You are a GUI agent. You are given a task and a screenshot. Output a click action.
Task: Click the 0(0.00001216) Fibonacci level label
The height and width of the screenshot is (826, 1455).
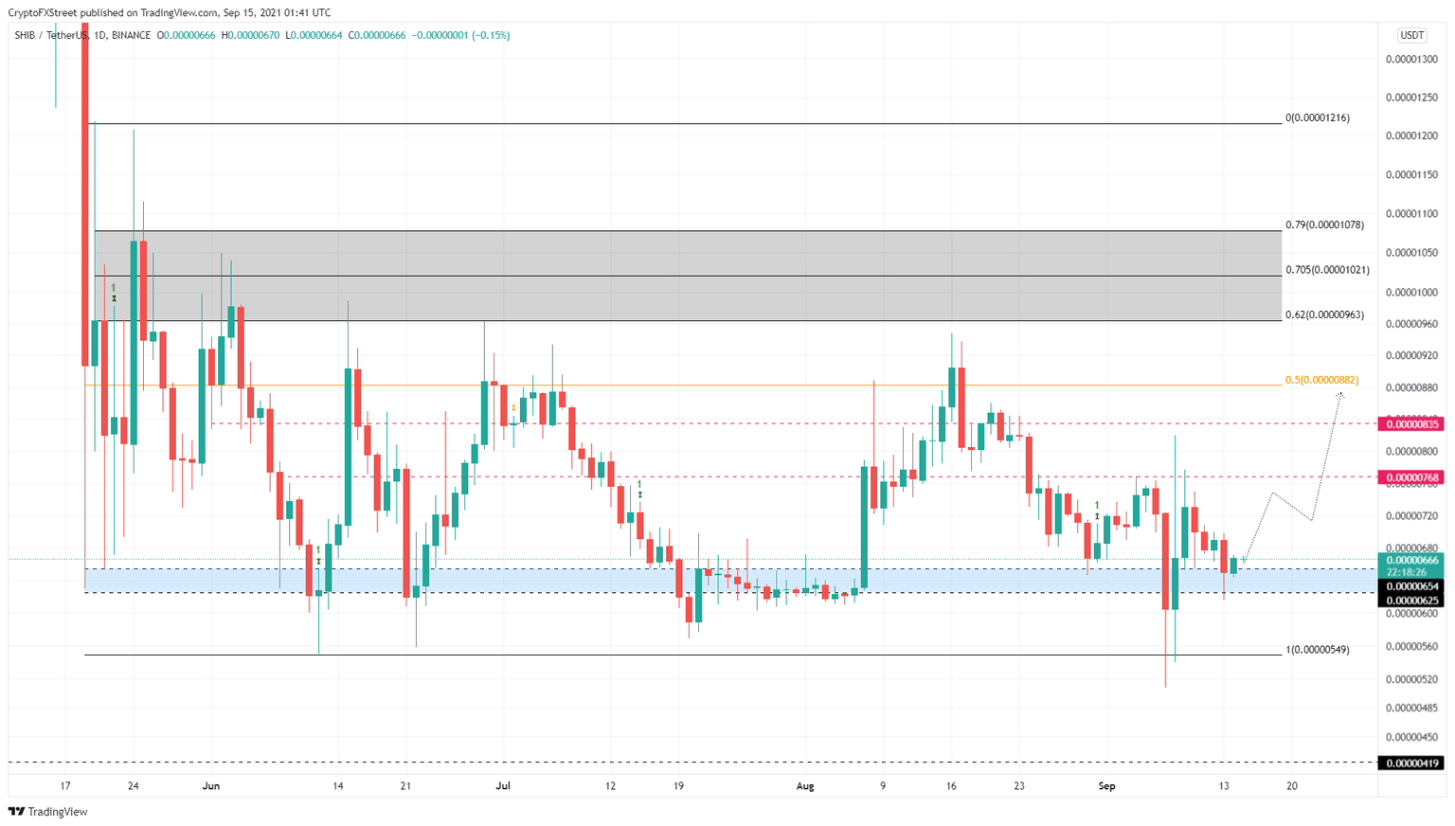pyautogui.click(x=1317, y=118)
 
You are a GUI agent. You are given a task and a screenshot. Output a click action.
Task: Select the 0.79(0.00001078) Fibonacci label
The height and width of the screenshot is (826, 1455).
pyautogui.click(x=1324, y=225)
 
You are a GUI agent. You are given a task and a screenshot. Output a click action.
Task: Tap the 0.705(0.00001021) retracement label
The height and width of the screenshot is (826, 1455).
pyautogui.click(x=1327, y=270)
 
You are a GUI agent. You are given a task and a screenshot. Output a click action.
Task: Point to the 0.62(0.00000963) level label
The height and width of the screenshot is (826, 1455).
pyautogui.click(x=1324, y=314)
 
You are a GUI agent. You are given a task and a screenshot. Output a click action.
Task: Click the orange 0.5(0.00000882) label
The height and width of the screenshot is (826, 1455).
pyautogui.click(x=1321, y=380)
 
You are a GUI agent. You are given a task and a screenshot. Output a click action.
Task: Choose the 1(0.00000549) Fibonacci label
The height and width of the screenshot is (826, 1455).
pyautogui.click(x=1317, y=650)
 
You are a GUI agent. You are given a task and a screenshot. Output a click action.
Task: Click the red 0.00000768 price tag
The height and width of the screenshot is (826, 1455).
pyautogui.click(x=1412, y=477)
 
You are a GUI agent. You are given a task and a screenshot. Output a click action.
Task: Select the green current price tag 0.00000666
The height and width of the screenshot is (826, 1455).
pyautogui.click(x=1412, y=561)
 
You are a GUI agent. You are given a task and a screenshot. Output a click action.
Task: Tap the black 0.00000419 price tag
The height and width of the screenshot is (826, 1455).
pyautogui.click(x=1412, y=763)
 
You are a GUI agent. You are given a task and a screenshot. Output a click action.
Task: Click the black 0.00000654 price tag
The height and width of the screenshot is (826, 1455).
pyautogui.click(x=1412, y=586)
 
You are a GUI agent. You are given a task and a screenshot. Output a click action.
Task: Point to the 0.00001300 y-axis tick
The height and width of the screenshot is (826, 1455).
pyautogui.click(x=1411, y=59)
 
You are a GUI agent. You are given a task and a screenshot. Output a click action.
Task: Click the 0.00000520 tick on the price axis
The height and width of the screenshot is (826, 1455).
pyautogui.click(x=1411, y=679)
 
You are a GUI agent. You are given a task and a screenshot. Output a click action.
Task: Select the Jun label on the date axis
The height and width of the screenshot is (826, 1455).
pyautogui.click(x=211, y=786)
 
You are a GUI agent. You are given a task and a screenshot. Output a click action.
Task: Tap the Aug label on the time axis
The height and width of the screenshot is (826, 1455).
pyautogui.click(x=805, y=786)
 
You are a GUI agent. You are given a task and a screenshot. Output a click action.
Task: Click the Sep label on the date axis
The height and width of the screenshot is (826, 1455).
pyautogui.click(x=1106, y=786)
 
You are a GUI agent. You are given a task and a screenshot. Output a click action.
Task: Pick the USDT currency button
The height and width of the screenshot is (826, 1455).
pyautogui.click(x=1411, y=35)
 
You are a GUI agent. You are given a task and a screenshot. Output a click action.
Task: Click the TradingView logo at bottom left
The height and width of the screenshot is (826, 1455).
pyautogui.click(x=48, y=812)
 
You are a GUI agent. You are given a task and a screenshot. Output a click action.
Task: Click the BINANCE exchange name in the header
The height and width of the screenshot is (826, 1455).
pyautogui.click(x=131, y=35)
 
